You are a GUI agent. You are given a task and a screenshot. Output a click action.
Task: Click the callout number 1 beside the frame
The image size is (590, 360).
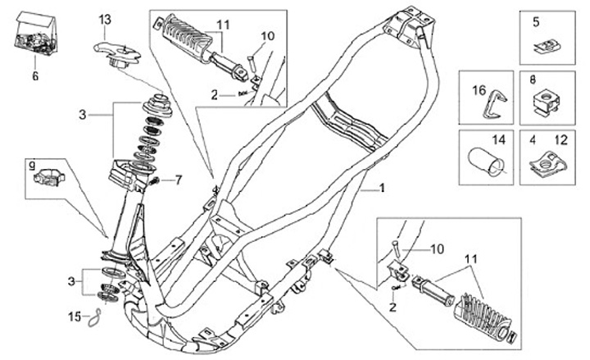[381, 189]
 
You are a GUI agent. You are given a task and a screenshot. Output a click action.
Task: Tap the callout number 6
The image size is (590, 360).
[35, 75]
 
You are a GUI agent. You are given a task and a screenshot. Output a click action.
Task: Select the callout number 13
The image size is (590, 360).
[105, 19]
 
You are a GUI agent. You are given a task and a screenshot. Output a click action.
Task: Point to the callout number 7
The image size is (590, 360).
[178, 179]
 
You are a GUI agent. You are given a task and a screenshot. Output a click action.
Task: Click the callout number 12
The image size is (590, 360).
[558, 141]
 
